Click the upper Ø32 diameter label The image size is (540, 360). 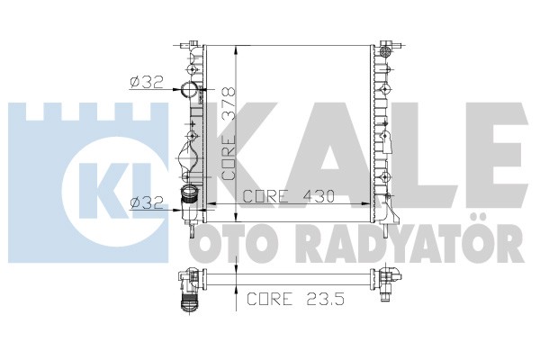pyautogui.click(x=147, y=82)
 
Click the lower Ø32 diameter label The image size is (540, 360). pyautogui.click(x=147, y=202)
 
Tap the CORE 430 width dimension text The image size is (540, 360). pyautogui.click(x=289, y=196)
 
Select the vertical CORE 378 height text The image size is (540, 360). pyautogui.click(x=229, y=133)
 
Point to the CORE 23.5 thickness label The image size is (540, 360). pyautogui.click(x=296, y=298)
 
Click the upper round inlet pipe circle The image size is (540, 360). pyautogui.click(x=189, y=90)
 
